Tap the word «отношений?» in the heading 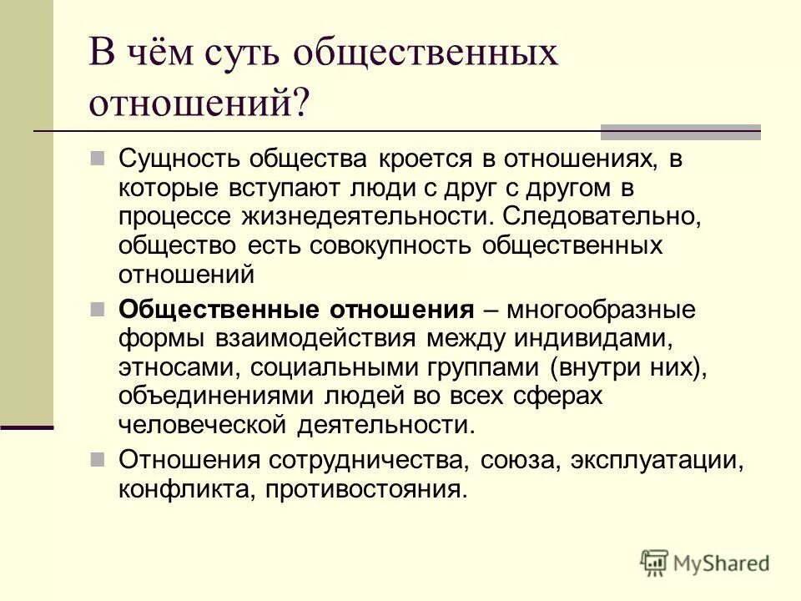200,104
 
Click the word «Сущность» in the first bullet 174,159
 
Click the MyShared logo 705,563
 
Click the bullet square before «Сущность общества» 98,157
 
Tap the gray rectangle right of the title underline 681,131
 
